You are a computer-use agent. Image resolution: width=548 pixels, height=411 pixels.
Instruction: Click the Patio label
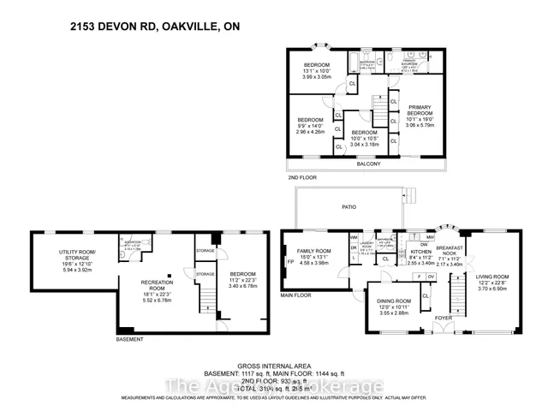tap(348, 207)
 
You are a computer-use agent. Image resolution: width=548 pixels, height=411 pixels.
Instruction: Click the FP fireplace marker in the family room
tap(290, 263)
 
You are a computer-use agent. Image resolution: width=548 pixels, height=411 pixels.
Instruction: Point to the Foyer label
tap(443, 318)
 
